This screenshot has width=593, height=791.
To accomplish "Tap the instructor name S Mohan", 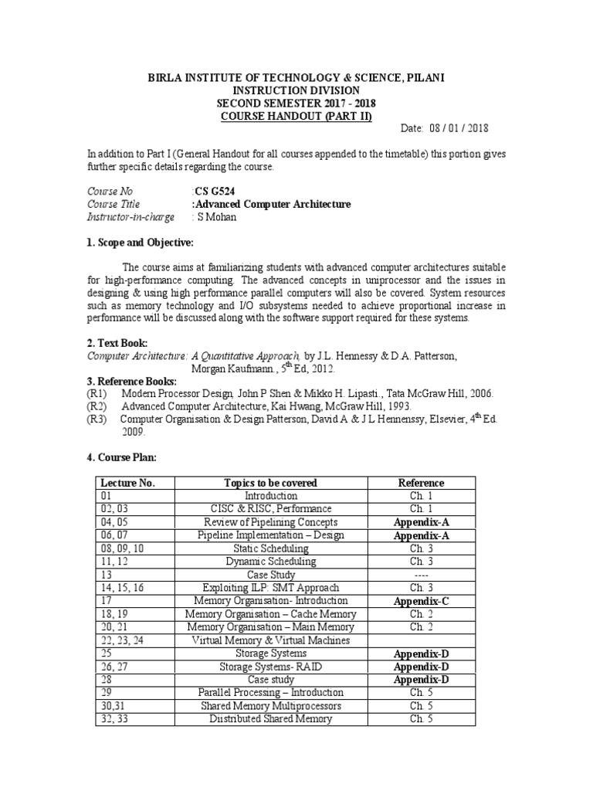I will coord(219,217).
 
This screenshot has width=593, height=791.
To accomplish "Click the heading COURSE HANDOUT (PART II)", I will coord(297,117).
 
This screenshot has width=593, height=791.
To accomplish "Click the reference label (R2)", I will coord(98,406).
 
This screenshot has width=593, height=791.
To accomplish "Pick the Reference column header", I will coord(421,483).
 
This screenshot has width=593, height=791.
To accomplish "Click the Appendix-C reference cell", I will coord(421,601).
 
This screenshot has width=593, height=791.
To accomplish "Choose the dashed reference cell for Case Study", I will coord(421,575).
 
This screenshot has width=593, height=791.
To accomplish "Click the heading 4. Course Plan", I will coord(122,457).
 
